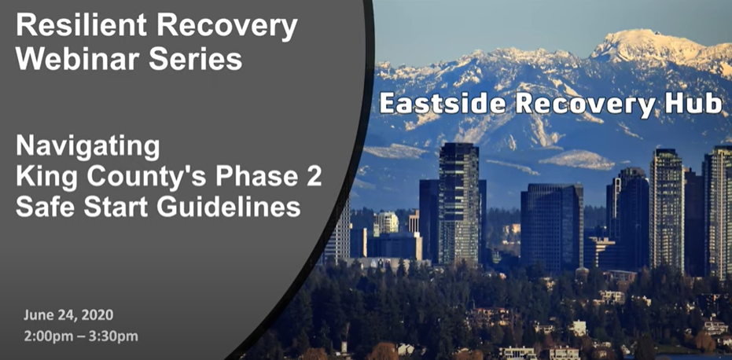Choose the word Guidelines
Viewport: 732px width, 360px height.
tap(228, 207)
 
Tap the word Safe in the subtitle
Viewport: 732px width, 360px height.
tap(42, 207)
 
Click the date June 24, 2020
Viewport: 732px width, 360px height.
tap(68, 315)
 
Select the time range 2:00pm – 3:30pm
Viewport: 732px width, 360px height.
tap(81, 336)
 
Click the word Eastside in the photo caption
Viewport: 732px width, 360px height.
tap(442, 105)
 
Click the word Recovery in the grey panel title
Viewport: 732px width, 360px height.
tap(227, 26)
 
